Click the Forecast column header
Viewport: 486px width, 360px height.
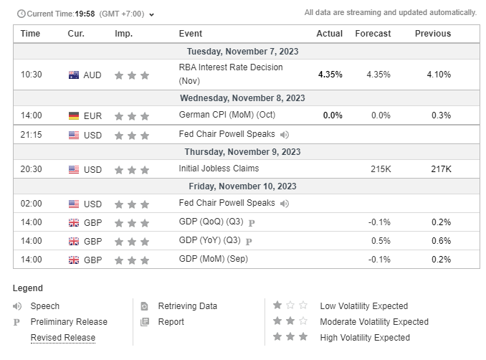pyautogui.click(x=373, y=34)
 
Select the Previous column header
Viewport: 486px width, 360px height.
pyautogui.click(x=433, y=34)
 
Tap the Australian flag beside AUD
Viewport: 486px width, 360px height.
pyautogui.click(x=74, y=75)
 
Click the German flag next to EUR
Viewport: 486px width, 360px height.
pyautogui.click(x=74, y=116)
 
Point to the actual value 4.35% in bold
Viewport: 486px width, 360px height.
pyautogui.click(x=330, y=75)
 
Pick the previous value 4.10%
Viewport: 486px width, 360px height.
pyautogui.click(x=439, y=75)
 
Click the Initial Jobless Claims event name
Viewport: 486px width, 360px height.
pyautogui.click(x=219, y=169)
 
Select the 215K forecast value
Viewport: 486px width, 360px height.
pyautogui.click(x=381, y=169)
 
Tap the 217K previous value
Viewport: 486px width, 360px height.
pyautogui.click(x=441, y=169)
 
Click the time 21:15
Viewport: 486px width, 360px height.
pyautogui.click(x=31, y=135)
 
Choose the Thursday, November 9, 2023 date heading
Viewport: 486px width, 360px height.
pyautogui.click(x=243, y=152)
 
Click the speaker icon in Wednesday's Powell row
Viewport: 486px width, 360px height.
pyautogui.click(x=285, y=135)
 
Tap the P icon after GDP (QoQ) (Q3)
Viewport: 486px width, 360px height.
pyautogui.click(x=252, y=223)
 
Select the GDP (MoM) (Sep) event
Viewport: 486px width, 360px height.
pyautogui.click(x=214, y=259)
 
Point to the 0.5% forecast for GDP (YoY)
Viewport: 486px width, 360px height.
pyautogui.click(x=381, y=241)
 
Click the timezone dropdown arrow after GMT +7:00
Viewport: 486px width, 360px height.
pyautogui.click(x=151, y=14)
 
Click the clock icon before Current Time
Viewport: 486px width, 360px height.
pyautogui.click(x=22, y=14)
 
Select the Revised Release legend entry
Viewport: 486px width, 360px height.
pyautogui.click(x=63, y=338)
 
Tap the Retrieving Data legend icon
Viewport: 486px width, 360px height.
pyautogui.click(x=144, y=306)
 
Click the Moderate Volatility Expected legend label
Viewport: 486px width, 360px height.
pyautogui.click(x=374, y=322)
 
